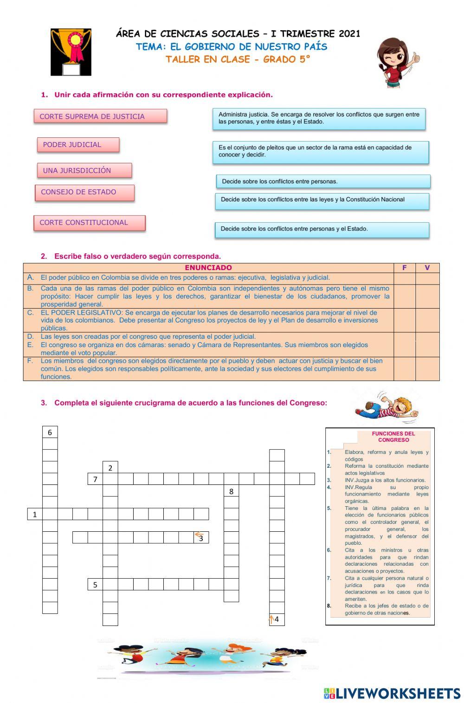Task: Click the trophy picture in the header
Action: point(71,52)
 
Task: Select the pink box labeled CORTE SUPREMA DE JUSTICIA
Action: point(100,116)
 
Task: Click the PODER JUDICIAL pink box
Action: point(78,145)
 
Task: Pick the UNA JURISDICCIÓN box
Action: point(84,170)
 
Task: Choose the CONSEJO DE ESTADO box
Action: point(84,192)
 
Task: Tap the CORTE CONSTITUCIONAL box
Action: point(89,223)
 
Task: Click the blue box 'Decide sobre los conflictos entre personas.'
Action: point(323,181)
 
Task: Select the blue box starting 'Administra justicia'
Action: point(319,118)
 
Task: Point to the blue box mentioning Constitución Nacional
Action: point(322,200)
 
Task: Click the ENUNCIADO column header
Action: point(208,268)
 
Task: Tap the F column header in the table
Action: point(404,268)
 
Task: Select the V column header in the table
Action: point(427,268)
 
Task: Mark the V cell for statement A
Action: point(427,278)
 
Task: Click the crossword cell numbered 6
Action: point(50,432)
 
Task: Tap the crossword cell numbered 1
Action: point(35,514)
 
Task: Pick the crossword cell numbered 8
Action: point(231,491)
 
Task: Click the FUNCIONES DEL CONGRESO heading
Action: point(393,437)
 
